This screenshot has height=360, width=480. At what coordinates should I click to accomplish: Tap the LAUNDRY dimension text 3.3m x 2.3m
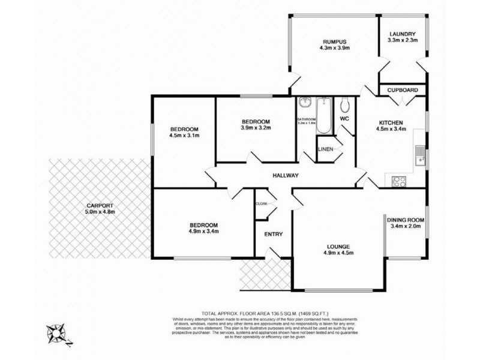[x=403, y=41]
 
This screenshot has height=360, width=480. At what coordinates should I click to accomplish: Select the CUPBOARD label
[x=402, y=90]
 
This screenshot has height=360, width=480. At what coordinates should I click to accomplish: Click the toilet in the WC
[x=344, y=106]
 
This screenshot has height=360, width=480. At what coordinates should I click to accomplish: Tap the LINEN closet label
[x=325, y=149]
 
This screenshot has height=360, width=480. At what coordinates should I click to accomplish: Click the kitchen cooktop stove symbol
[x=399, y=181]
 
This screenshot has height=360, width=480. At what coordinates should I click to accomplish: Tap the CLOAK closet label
[x=262, y=203]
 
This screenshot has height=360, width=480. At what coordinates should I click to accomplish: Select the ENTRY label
[x=273, y=234]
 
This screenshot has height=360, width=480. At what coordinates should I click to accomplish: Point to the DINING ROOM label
[x=406, y=220]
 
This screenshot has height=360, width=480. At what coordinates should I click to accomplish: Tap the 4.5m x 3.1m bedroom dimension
[x=184, y=136]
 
